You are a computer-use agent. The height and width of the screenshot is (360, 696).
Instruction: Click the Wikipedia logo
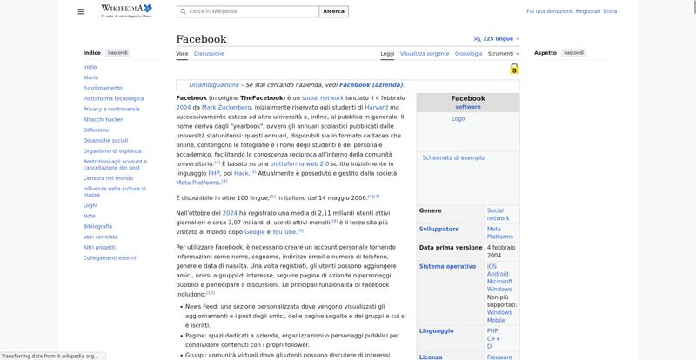point(127,11)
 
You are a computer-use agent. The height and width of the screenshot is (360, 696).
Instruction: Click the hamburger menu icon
point(81,11)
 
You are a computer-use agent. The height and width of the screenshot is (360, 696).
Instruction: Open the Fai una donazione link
point(549,11)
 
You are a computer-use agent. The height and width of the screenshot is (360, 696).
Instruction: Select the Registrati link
point(588,11)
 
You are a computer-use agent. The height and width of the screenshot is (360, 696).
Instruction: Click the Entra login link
point(610,11)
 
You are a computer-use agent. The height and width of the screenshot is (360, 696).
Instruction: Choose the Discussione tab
point(209,53)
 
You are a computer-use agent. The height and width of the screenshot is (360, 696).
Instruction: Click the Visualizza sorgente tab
point(425,53)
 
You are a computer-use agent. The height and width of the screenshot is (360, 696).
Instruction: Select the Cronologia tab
point(468,53)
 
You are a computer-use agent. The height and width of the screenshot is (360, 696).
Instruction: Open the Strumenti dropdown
point(503,53)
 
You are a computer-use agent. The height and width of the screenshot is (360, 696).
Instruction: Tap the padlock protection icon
point(514,69)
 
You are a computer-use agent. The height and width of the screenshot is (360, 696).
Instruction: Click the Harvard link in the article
point(375,107)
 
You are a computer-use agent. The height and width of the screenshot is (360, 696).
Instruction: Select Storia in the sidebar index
point(90,77)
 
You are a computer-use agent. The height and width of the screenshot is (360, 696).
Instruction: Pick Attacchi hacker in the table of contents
point(103,119)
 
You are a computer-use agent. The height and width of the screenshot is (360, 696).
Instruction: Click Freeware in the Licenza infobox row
point(499,357)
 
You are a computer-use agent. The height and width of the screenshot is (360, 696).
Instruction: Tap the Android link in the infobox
point(499,274)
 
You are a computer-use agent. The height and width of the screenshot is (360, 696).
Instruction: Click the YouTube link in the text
point(284,232)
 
